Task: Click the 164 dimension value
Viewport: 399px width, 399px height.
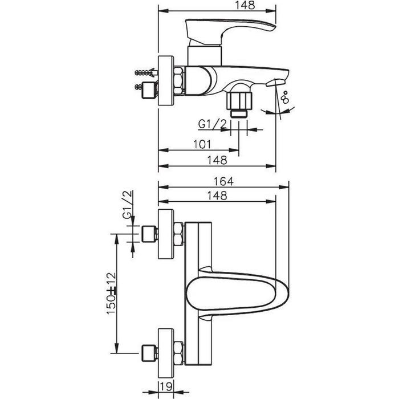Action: (223, 181)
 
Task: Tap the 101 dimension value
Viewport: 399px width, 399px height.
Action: (202, 144)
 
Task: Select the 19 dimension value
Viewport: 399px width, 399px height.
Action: (166, 386)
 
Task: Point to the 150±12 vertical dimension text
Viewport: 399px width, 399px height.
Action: (111, 294)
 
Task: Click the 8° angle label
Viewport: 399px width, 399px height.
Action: (284, 97)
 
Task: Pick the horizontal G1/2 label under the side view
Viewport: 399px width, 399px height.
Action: (212, 124)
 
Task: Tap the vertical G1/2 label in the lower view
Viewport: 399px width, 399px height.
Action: (128, 204)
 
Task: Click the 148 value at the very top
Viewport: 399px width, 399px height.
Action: (245, 5)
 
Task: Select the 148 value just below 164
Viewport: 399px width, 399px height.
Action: (217, 196)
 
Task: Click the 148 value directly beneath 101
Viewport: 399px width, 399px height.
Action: (217, 160)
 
